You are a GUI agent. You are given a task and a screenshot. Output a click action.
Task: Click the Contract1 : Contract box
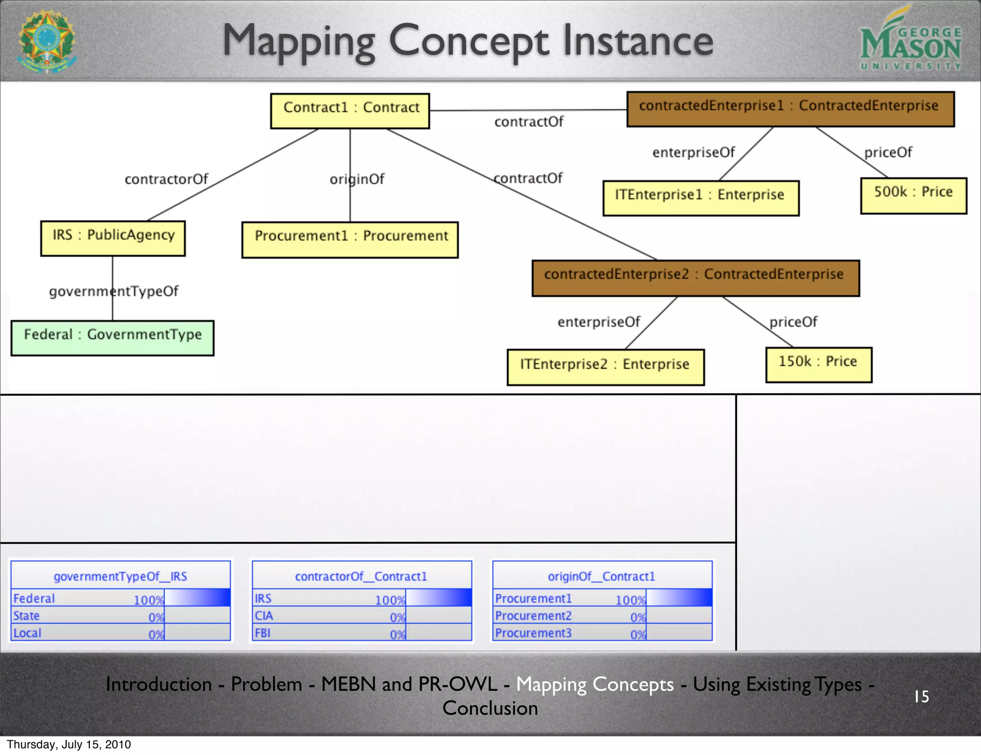pos(350,111)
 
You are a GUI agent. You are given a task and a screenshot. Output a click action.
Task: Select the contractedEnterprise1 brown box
pos(790,109)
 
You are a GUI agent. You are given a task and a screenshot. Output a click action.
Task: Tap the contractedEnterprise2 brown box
pos(696,278)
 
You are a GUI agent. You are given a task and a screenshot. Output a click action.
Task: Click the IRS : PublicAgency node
pos(113,238)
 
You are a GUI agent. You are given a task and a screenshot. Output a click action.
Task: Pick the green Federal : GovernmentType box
pos(113,338)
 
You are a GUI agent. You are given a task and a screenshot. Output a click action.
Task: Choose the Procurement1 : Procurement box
pos(350,240)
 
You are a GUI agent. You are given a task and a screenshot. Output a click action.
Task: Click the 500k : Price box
pos(913,195)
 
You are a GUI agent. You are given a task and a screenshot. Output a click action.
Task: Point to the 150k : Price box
pos(819,365)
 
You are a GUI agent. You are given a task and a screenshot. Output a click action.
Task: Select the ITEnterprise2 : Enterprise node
pos(605,367)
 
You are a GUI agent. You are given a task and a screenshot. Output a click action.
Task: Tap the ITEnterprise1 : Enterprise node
pos(700,198)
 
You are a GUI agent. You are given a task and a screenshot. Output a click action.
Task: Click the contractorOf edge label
pos(166,179)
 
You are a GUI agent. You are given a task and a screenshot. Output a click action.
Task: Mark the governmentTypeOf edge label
pos(114,291)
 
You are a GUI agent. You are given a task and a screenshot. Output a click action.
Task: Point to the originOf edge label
pos(357,179)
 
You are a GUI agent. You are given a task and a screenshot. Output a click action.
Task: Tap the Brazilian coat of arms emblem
pos(46,41)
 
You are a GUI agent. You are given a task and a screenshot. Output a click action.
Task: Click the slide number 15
pos(921,696)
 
